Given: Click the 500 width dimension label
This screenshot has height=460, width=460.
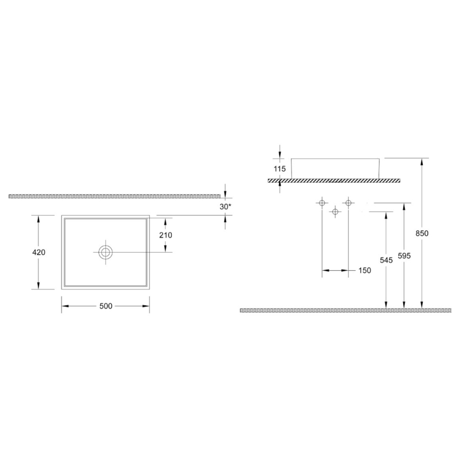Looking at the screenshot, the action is click(105, 306).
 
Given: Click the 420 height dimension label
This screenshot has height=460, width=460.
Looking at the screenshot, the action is click(39, 252).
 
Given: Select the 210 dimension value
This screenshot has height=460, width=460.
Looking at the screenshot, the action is click(165, 235).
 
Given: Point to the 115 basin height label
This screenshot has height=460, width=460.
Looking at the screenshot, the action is click(280, 169).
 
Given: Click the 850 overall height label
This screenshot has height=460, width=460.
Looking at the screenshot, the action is click(422, 233).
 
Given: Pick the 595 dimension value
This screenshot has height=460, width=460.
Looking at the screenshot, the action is click(404, 255).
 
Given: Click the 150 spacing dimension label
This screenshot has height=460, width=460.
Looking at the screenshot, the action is click(364, 270).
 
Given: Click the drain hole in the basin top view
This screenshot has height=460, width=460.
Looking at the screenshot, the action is click(106, 252).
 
